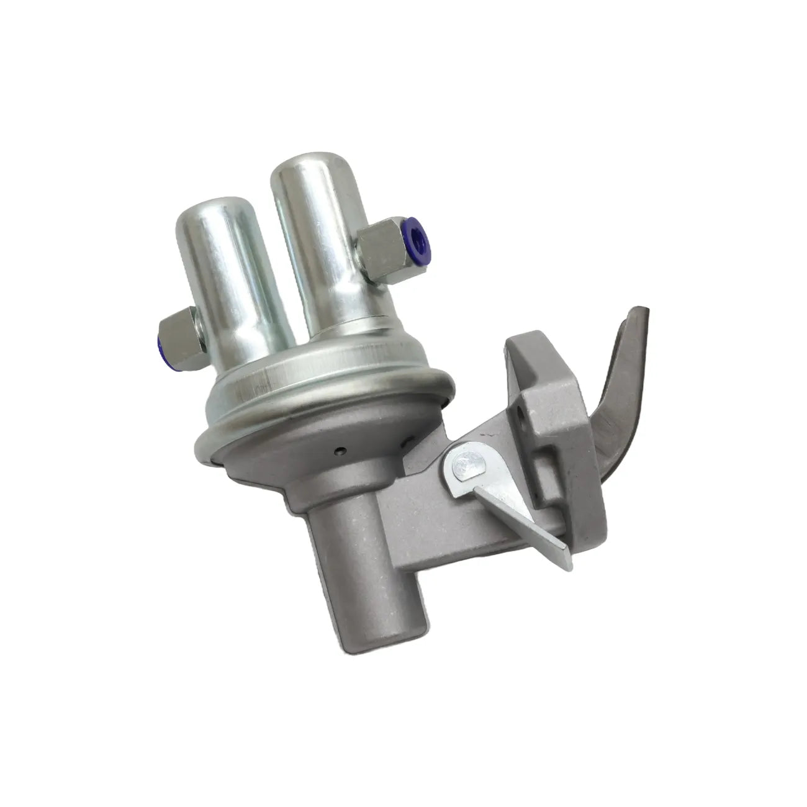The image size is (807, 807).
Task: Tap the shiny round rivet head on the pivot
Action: point(465,464)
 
